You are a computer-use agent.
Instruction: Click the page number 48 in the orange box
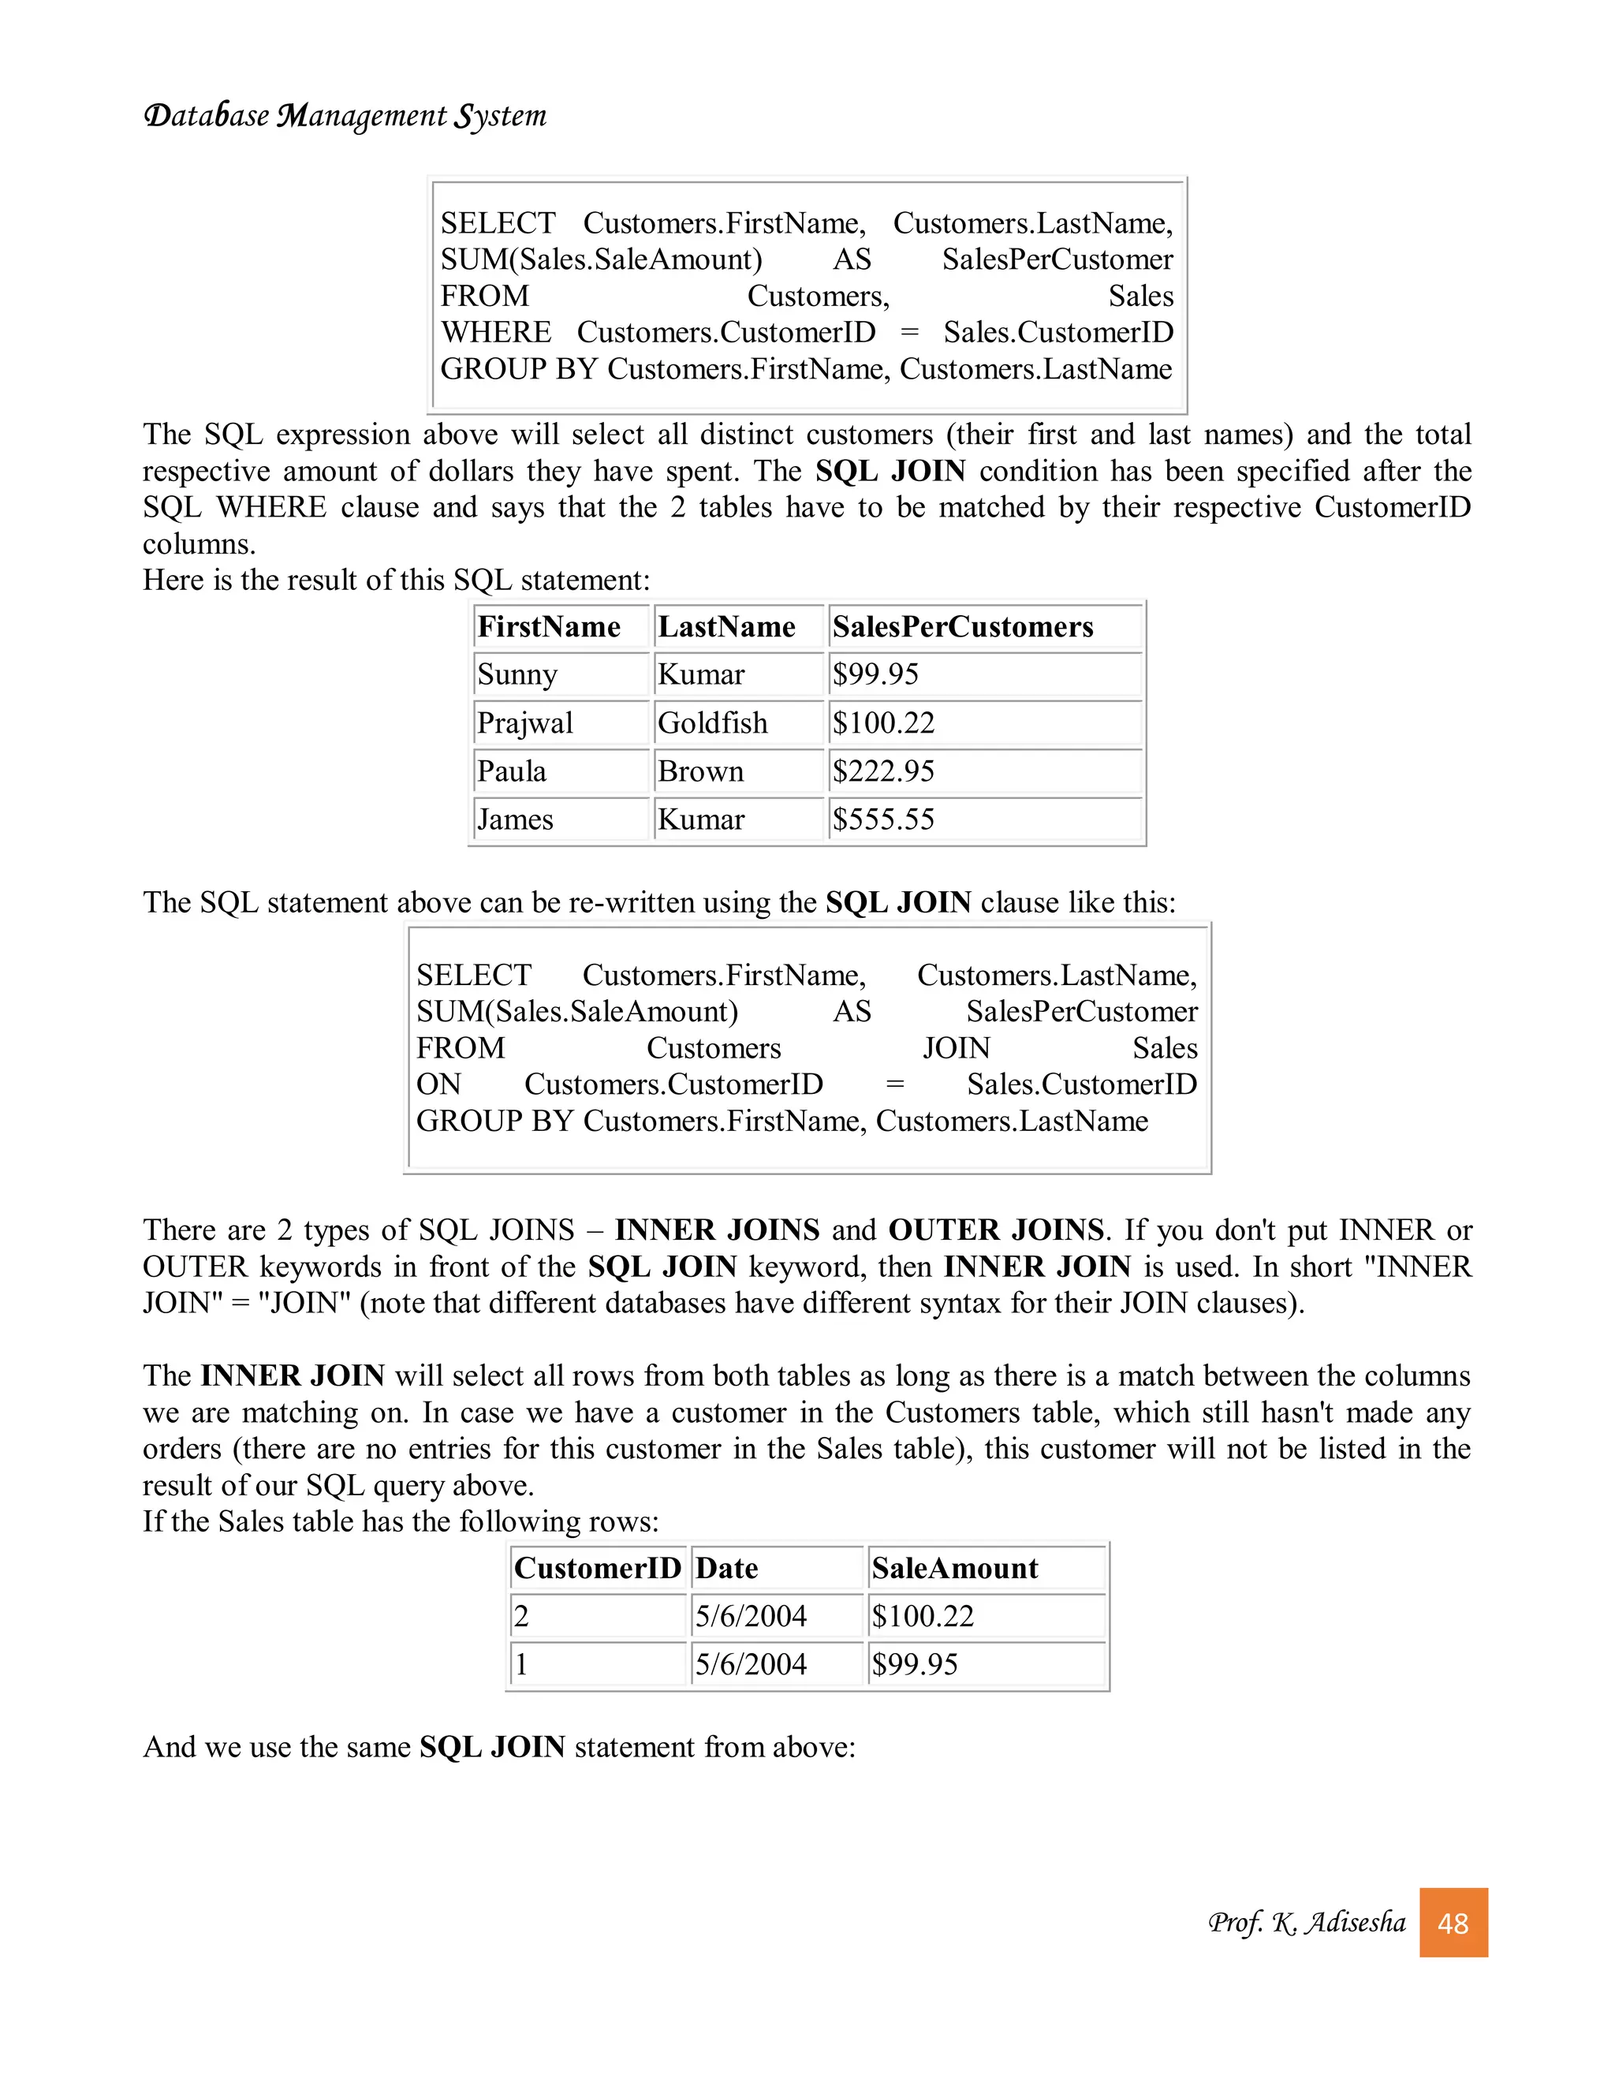(x=1453, y=1923)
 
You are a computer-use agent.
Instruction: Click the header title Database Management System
(x=345, y=116)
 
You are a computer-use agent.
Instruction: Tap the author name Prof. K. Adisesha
(x=1306, y=1923)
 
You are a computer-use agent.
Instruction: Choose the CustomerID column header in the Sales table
(x=597, y=1569)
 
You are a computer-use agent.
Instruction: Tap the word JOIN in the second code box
(x=956, y=1048)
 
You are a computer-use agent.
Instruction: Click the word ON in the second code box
(x=438, y=1084)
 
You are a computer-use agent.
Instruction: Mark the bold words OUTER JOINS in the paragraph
(x=995, y=1230)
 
